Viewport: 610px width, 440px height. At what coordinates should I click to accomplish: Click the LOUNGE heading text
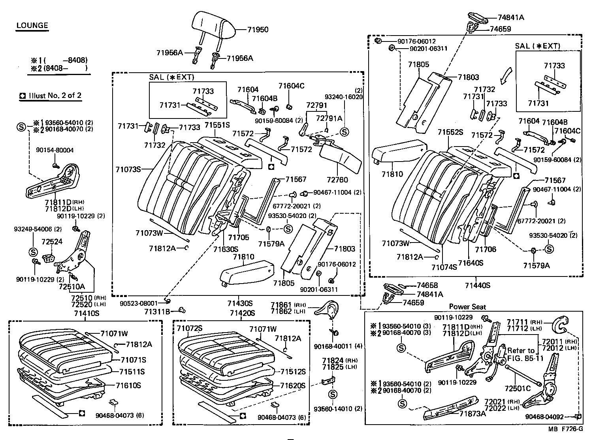click(32, 26)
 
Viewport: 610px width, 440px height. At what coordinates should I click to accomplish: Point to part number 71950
click(258, 30)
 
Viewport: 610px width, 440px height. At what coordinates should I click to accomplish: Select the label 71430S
click(240, 303)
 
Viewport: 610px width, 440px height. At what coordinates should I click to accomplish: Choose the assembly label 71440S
click(477, 285)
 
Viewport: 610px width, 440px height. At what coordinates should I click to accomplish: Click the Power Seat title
click(467, 307)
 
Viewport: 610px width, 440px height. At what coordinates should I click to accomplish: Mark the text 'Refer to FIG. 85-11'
click(525, 354)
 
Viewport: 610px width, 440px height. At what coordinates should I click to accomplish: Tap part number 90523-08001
click(138, 303)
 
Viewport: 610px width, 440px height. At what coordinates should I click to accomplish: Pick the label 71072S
click(190, 329)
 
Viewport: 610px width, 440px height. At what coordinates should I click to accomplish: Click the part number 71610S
click(128, 385)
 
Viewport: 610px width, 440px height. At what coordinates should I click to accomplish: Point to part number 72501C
click(518, 388)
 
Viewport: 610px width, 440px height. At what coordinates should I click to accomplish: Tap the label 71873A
click(473, 413)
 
